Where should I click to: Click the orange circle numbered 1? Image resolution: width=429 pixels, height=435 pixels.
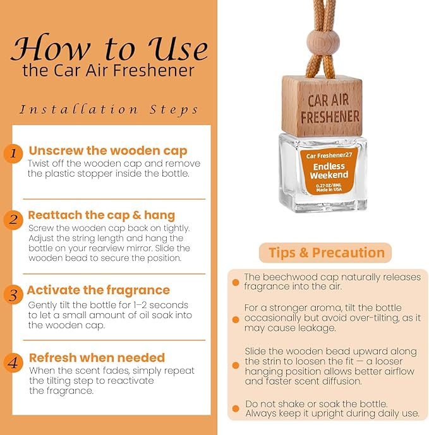(13, 153)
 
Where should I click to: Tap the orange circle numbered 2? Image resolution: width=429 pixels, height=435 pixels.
(13, 220)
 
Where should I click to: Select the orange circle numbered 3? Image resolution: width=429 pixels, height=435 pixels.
(13, 295)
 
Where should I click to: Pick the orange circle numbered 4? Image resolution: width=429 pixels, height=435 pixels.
(13, 362)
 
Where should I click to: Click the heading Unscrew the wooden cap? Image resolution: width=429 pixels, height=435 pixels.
(108, 151)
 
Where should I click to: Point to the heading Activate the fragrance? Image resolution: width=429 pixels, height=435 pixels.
(99, 290)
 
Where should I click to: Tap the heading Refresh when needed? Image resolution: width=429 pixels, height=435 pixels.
(97, 357)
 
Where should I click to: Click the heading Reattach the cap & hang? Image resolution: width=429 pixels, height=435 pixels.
(101, 215)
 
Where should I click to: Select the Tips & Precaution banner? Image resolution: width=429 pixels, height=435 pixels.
(325, 253)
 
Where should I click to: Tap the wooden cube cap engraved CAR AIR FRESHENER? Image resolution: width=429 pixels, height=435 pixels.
(322, 106)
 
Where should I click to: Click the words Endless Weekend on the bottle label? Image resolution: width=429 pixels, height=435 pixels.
(329, 170)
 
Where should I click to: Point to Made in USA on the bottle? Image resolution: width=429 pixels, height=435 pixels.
(329, 190)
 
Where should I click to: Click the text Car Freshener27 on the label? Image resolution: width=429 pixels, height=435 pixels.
(329, 156)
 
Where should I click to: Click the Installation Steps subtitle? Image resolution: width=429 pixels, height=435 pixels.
(109, 110)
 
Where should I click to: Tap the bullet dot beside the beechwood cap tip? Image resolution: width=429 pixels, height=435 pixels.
(236, 282)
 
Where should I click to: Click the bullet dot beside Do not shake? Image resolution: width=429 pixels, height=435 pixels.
(236, 408)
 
